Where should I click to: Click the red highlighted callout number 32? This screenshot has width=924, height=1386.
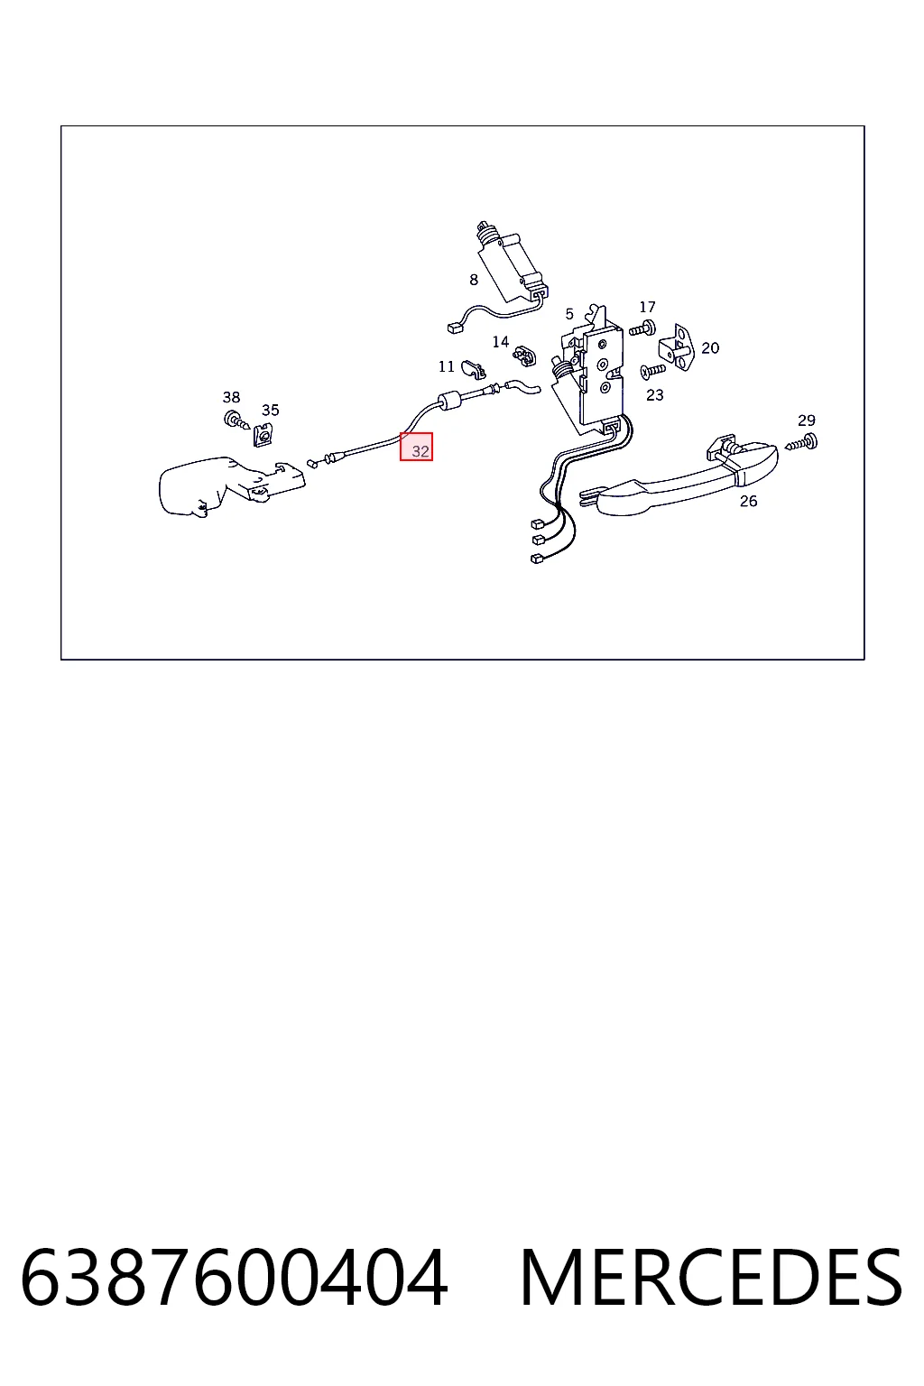(x=420, y=451)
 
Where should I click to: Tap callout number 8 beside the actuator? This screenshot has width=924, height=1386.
(x=474, y=281)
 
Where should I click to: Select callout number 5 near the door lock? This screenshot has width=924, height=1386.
(x=569, y=314)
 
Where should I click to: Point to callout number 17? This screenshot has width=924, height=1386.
(x=647, y=307)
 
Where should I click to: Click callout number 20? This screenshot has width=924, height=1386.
(x=710, y=347)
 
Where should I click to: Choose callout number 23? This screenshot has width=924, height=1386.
(x=655, y=394)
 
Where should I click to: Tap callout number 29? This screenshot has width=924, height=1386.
(x=807, y=420)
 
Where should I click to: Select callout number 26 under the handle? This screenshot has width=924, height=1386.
(x=748, y=501)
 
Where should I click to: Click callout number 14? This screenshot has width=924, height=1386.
(x=501, y=342)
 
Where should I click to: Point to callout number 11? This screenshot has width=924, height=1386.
(x=447, y=367)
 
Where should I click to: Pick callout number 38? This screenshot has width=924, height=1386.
(x=232, y=397)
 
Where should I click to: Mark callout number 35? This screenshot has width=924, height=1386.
(x=271, y=411)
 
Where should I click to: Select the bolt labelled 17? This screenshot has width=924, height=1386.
(x=642, y=328)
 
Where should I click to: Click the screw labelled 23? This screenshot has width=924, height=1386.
(x=653, y=371)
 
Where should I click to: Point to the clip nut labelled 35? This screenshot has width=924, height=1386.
(x=263, y=435)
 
